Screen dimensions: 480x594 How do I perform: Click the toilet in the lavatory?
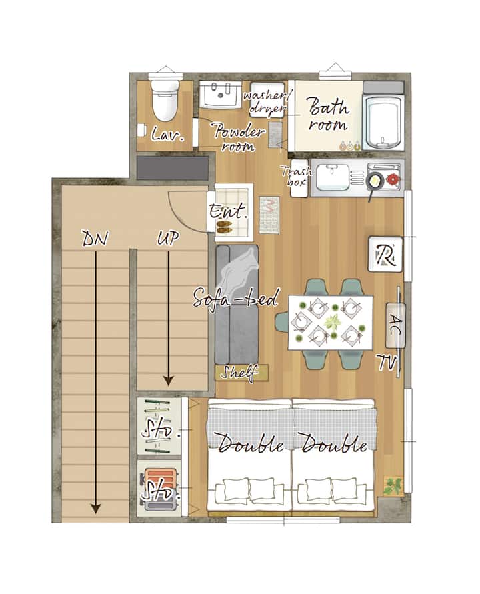165,99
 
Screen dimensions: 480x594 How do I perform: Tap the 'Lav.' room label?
167,134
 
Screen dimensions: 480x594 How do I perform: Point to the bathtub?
383,121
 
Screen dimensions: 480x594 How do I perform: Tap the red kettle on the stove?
392,179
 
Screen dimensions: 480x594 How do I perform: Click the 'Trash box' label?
297,176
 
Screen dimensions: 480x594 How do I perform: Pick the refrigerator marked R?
385,255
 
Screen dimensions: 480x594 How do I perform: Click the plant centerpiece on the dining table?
333,321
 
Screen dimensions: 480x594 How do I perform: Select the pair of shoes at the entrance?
224,227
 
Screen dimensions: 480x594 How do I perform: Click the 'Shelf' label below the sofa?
240,373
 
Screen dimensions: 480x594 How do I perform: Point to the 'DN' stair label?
95,239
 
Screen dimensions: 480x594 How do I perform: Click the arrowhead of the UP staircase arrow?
169,381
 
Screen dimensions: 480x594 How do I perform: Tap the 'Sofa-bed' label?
235,298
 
